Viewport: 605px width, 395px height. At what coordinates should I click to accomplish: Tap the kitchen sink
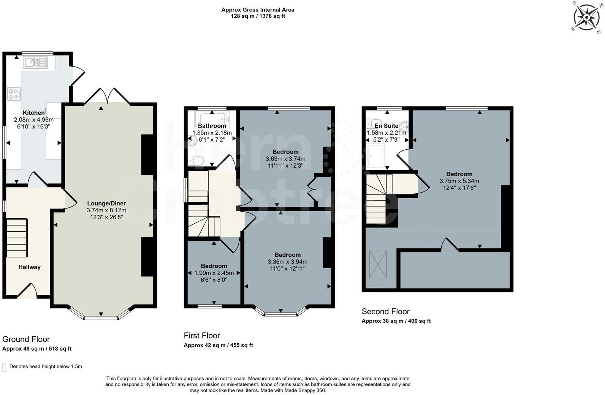coord(35,62)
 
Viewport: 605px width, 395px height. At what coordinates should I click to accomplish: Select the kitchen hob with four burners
coord(14,94)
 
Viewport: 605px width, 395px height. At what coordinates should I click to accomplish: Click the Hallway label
coord(29,267)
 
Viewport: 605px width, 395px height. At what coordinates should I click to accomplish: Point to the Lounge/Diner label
coord(106,203)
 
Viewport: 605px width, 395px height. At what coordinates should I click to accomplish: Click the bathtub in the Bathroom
coord(212,119)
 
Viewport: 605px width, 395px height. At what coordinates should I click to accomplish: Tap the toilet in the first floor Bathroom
coord(196,161)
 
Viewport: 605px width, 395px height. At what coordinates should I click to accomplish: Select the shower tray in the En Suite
coord(375,156)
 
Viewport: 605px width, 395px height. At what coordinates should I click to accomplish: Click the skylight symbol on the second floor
coord(378,264)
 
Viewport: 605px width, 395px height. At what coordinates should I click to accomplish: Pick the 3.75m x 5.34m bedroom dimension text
coord(459,181)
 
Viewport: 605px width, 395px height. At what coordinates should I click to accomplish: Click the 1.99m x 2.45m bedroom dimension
coord(214,273)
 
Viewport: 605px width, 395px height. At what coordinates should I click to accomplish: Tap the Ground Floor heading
coord(26,339)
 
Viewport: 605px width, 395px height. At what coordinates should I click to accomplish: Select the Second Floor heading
coord(386,311)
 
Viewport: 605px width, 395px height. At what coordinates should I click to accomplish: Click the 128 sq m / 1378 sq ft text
coord(258,16)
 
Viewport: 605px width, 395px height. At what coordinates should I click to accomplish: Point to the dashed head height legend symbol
coord(4,367)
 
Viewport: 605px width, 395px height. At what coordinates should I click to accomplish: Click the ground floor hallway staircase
coord(17,238)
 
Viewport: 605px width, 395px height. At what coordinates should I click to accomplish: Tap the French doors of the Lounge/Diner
coord(108,96)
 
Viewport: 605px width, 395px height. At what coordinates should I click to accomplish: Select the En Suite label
coord(386,126)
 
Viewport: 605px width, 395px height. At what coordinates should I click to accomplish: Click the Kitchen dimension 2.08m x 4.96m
coord(34,120)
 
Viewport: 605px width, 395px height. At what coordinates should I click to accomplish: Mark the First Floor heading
coord(202,336)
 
